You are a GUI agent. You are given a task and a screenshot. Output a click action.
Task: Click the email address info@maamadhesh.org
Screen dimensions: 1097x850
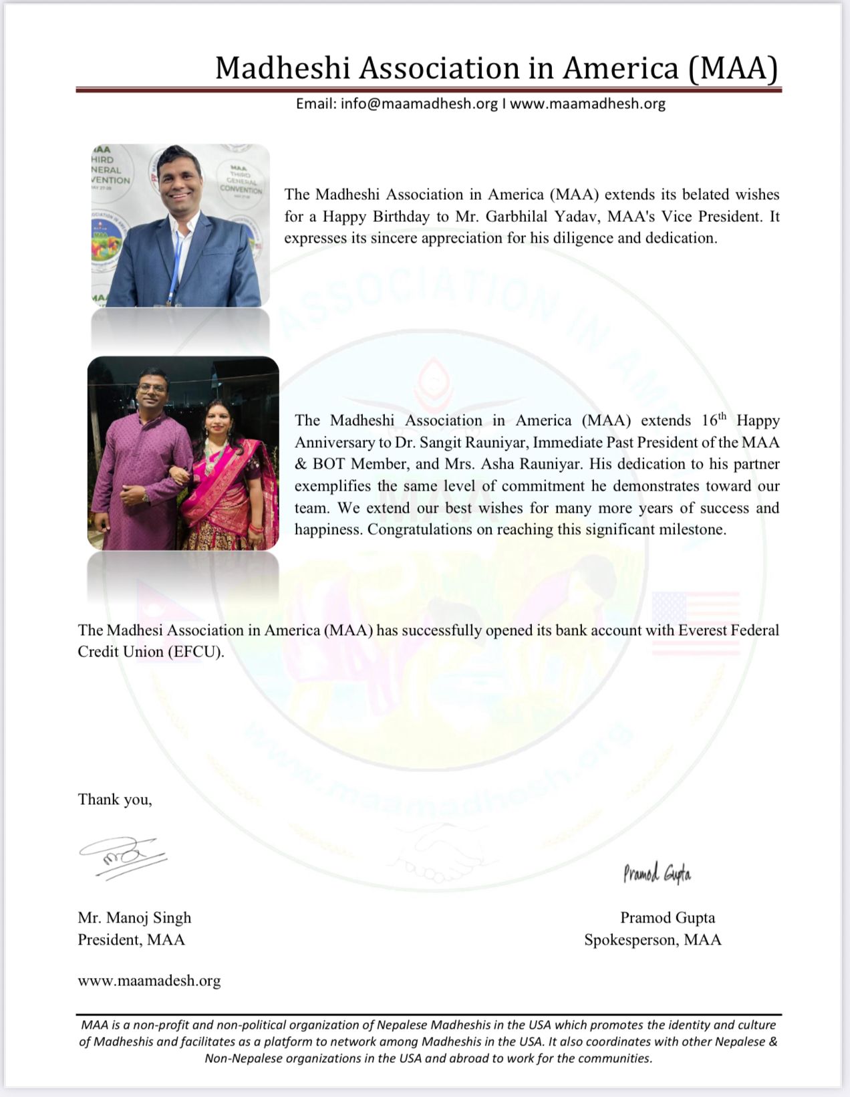(418, 104)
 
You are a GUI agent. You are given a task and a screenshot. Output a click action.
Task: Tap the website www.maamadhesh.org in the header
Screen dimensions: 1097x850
(588, 104)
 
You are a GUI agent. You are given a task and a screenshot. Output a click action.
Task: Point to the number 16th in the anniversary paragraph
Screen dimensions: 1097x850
(714, 420)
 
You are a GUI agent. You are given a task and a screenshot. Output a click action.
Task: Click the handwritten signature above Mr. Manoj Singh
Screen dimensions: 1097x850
(122, 855)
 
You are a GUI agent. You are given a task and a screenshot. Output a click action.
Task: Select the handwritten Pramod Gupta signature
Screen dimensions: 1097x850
(657, 872)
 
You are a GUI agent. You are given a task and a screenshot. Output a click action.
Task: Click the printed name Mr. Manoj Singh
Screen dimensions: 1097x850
(134, 918)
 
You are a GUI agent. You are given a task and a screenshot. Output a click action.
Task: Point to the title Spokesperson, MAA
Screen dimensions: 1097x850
(652, 940)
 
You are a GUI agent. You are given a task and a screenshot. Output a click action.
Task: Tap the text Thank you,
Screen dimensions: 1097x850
(115, 800)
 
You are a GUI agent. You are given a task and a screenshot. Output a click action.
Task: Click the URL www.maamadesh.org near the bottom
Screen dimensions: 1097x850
(149, 981)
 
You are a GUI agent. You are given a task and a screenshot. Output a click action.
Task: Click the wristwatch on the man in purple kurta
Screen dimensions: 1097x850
(146, 497)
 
